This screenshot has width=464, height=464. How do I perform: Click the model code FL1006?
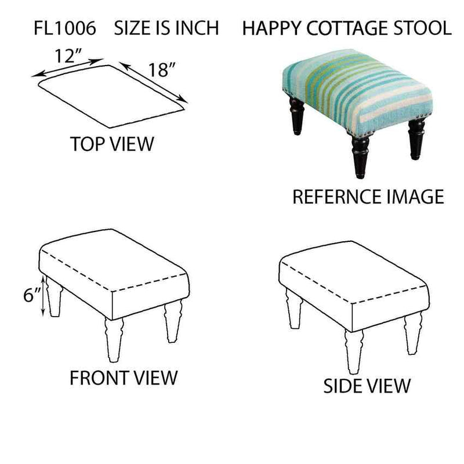[65, 28]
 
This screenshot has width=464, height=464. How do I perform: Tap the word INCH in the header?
[197, 28]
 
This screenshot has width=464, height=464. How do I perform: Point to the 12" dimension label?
[68, 56]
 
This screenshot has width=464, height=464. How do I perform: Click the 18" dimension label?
[162, 70]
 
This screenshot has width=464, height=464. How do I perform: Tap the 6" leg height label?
[32, 295]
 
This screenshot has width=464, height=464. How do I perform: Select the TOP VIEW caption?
[112, 144]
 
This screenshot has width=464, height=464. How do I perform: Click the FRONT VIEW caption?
[124, 378]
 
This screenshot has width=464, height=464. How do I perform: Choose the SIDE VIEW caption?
[367, 386]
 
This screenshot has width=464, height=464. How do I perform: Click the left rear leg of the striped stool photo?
[296, 115]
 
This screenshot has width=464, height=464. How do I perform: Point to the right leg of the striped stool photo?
[416, 139]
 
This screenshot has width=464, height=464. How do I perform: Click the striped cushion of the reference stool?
[357, 91]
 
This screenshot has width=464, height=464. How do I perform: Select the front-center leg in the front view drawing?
[114, 339]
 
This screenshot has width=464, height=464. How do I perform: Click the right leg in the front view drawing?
[173, 321]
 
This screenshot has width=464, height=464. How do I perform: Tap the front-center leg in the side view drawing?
[354, 351]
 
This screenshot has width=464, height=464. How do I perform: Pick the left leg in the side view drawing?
[294, 309]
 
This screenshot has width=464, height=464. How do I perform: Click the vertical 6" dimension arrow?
[43, 296]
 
